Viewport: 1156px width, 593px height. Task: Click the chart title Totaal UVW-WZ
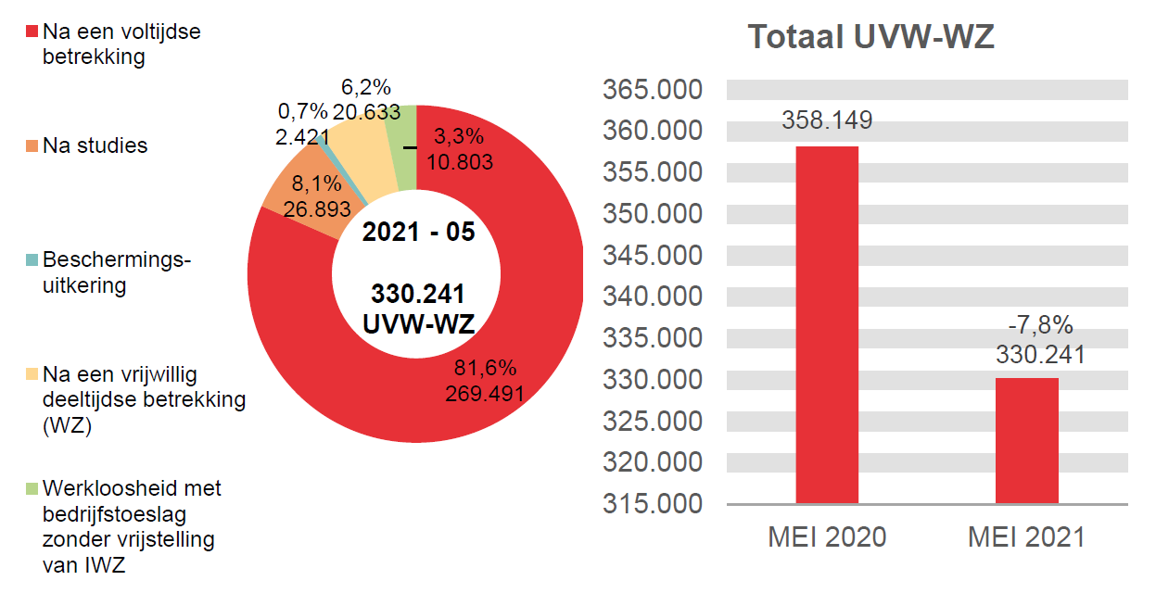click(x=870, y=37)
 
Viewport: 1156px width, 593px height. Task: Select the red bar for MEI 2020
click(x=827, y=324)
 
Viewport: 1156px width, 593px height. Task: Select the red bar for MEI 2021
click(x=1027, y=440)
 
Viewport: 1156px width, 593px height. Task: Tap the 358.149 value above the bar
click(x=827, y=120)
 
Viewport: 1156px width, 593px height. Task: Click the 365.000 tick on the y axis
click(x=653, y=91)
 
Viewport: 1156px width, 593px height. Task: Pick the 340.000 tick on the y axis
click(x=653, y=297)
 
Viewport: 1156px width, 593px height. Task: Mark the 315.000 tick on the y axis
click(x=653, y=504)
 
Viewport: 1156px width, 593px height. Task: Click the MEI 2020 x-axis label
click(x=827, y=537)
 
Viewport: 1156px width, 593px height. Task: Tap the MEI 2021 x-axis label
click(x=1026, y=537)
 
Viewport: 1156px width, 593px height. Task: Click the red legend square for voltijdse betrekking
click(x=32, y=32)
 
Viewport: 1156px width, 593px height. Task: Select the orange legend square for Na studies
click(x=32, y=146)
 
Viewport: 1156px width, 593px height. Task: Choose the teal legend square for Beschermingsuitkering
click(x=32, y=261)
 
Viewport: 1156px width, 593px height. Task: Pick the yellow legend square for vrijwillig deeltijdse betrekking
click(x=32, y=375)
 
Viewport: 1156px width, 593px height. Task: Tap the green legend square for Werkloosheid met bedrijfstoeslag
click(x=32, y=488)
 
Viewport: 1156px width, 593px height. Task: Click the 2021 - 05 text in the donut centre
click(x=418, y=233)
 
